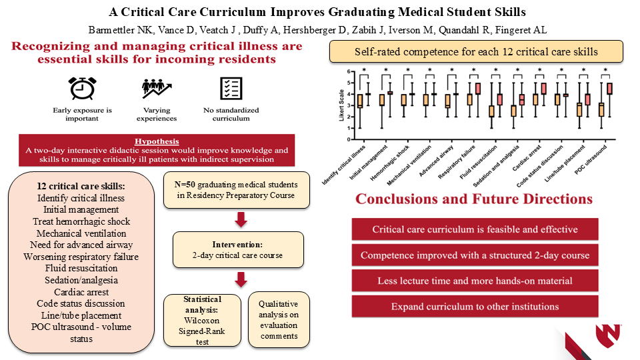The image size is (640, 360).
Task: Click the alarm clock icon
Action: (x=79, y=88)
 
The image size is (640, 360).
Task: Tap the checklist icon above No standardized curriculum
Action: (x=229, y=89)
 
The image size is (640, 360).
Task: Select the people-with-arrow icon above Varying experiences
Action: (x=157, y=89)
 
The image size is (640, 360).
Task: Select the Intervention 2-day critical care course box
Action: (x=238, y=250)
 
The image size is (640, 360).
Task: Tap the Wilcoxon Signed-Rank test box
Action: (x=202, y=320)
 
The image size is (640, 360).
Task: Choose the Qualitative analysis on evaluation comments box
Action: (x=279, y=319)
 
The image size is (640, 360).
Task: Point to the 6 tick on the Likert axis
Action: (x=347, y=71)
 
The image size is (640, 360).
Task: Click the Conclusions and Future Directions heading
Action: (x=474, y=199)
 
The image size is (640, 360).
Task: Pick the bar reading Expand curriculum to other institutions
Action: (x=475, y=307)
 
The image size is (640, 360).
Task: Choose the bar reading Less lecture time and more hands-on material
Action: (x=475, y=281)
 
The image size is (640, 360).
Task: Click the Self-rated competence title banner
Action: (x=476, y=51)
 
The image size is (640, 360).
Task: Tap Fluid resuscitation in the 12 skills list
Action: (x=81, y=269)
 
